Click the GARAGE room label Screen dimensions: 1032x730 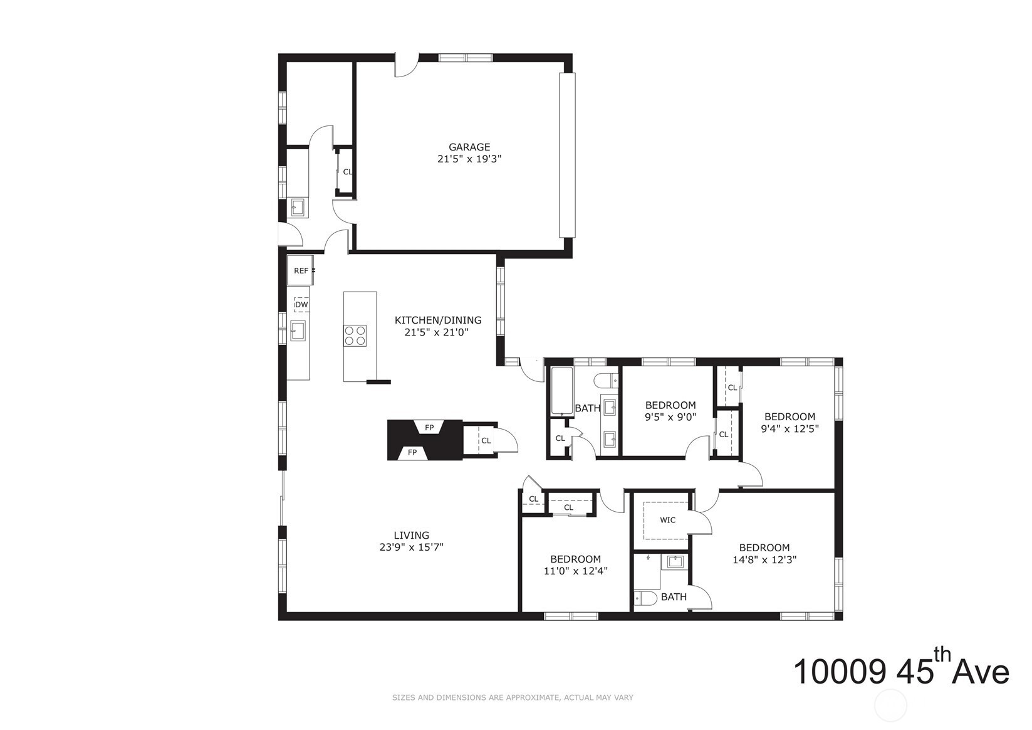coord(469,147)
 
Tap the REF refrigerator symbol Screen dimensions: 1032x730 coord(300,270)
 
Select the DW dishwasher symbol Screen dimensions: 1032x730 coord(301,305)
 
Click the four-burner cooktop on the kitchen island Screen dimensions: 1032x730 coord(355,336)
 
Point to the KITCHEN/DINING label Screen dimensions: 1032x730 coord(438,320)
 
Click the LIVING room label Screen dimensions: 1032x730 coord(412,536)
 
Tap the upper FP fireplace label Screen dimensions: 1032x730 coord(429,428)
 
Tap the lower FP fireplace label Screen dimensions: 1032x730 coord(412,452)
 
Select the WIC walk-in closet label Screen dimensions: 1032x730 coord(667,520)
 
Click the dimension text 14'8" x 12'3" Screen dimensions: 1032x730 coord(764,560)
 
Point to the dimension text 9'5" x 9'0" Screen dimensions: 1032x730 coord(670,417)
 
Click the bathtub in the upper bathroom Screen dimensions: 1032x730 coord(562,391)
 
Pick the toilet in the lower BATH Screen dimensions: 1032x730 coord(645,598)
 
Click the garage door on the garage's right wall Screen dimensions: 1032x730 coord(567,155)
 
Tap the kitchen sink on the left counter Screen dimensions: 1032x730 coord(298,331)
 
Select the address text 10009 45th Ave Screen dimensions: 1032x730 coord(900,672)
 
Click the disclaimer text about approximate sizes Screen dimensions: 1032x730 coord(513,698)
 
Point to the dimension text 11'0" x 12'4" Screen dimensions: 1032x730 coord(575,571)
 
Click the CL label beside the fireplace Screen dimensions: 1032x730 coord(486,440)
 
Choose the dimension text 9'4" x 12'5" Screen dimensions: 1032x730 coord(790,428)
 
